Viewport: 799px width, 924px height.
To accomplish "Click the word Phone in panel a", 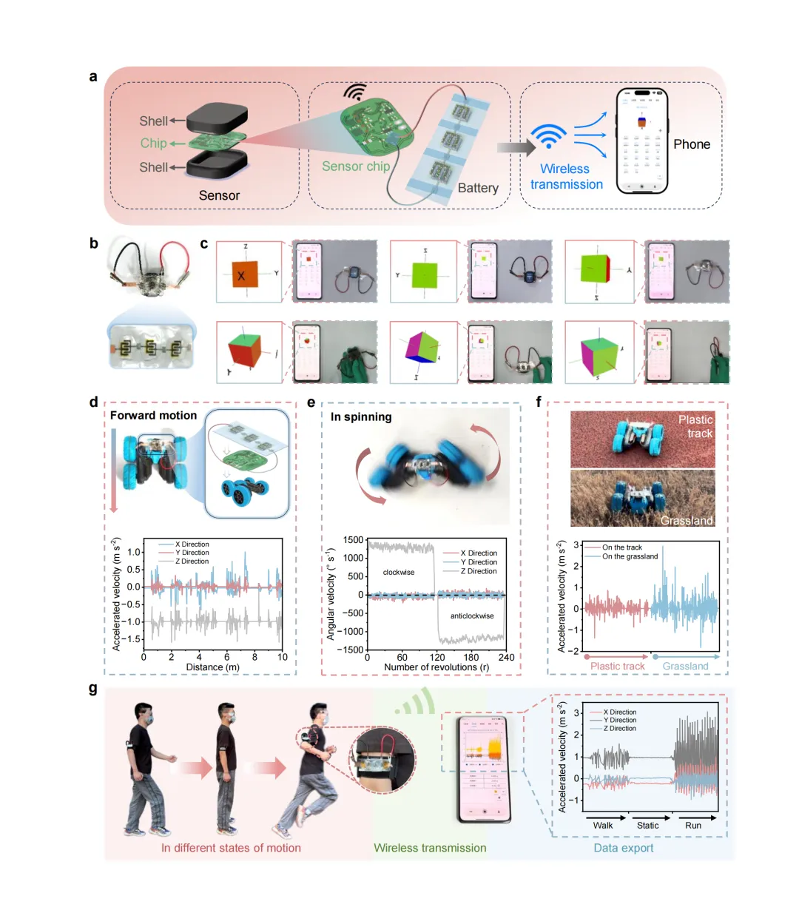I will (692, 144).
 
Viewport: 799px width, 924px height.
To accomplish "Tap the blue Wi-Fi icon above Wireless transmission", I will (549, 136).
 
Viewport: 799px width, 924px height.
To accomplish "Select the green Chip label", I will (153, 144).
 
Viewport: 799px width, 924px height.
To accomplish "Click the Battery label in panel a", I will (478, 188).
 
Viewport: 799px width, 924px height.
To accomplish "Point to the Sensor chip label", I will (356, 166).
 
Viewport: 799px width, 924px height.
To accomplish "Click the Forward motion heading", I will (154, 416).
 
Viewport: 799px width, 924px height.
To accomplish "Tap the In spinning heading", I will (361, 417).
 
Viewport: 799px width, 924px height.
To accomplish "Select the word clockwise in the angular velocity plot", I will (399, 573).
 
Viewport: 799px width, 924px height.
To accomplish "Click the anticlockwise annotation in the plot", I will (472, 616).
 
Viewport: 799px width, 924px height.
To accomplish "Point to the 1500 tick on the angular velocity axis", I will (354, 540).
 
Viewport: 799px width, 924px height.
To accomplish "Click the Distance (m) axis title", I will (212, 667).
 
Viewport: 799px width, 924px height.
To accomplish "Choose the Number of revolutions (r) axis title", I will (436, 667).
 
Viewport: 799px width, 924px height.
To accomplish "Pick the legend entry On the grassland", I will (630, 556).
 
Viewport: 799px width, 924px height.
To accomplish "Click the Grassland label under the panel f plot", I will (685, 667).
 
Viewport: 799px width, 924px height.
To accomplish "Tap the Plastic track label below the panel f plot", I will (617, 667).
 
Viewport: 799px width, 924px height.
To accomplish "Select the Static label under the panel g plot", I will (647, 826).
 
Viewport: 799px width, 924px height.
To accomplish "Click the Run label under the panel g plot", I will (693, 826).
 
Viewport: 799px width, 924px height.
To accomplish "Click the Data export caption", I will (624, 848).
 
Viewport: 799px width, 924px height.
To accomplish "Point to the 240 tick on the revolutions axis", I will (506, 657).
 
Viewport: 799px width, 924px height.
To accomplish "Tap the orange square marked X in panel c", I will (241, 276).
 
